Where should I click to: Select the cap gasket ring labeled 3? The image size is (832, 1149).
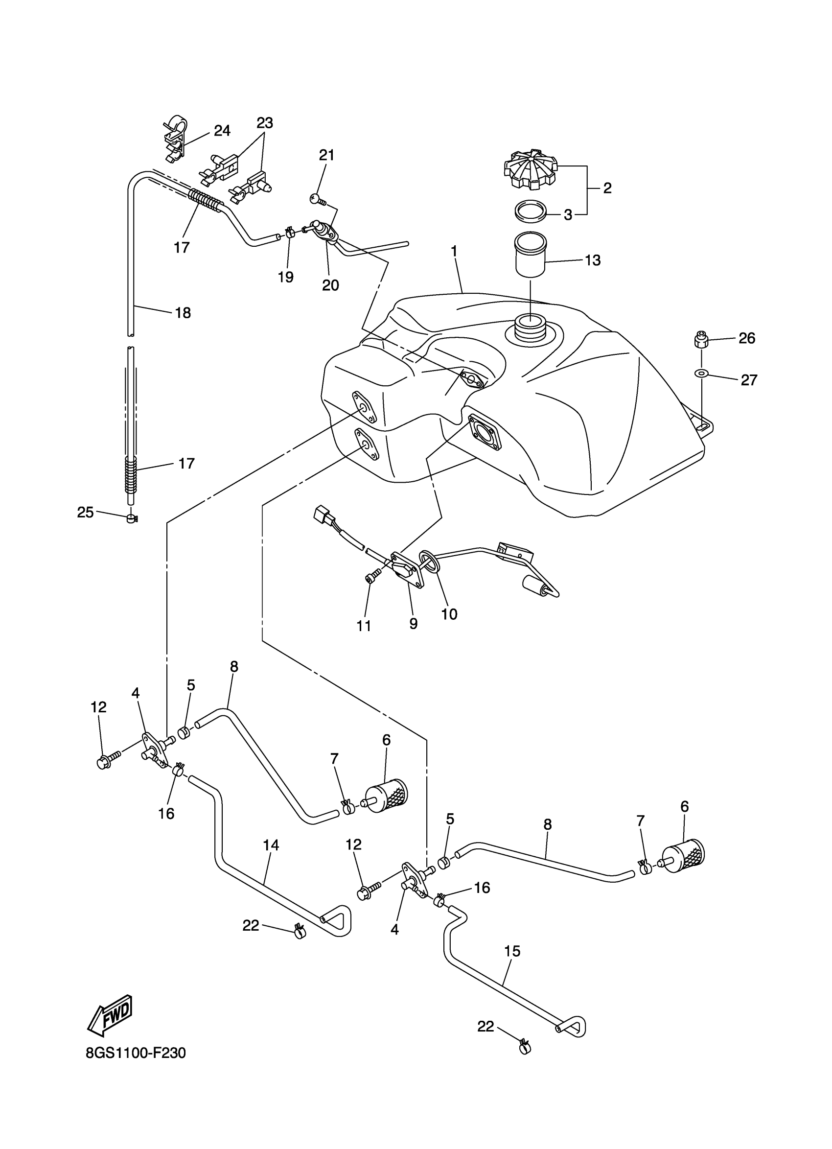click(x=530, y=211)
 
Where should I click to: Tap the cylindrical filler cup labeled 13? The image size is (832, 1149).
click(x=530, y=255)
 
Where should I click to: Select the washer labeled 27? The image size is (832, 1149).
click(x=701, y=374)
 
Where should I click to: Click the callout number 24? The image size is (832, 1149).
click(x=222, y=131)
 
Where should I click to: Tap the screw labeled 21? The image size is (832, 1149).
click(x=315, y=200)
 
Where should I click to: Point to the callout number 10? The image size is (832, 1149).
click(x=449, y=614)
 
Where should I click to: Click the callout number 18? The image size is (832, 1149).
click(x=183, y=313)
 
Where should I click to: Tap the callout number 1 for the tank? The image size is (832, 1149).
click(x=454, y=251)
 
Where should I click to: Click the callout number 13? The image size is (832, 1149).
click(x=593, y=260)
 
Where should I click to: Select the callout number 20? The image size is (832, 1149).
click(x=330, y=285)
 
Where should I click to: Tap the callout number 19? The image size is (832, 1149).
click(x=286, y=277)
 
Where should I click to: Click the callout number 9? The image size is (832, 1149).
click(x=413, y=624)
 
